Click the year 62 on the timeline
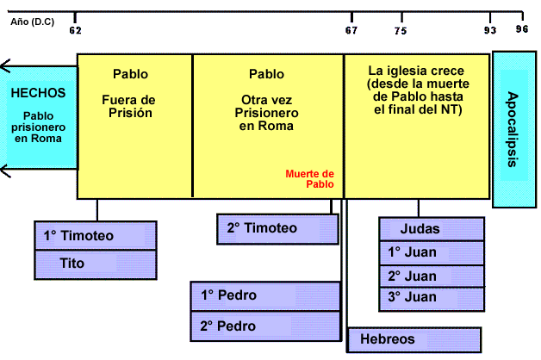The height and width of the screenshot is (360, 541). click(x=75, y=29)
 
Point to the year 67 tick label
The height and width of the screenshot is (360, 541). click(x=351, y=29)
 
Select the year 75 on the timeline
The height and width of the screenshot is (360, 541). click(x=400, y=29)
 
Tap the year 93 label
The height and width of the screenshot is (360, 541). click(x=490, y=29)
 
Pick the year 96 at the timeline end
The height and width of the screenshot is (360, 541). click(x=522, y=29)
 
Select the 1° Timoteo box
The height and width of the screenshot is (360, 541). click(x=95, y=235)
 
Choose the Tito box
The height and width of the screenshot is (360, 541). click(x=95, y=264)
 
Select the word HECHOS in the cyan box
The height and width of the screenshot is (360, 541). click(x=37, y=93)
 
